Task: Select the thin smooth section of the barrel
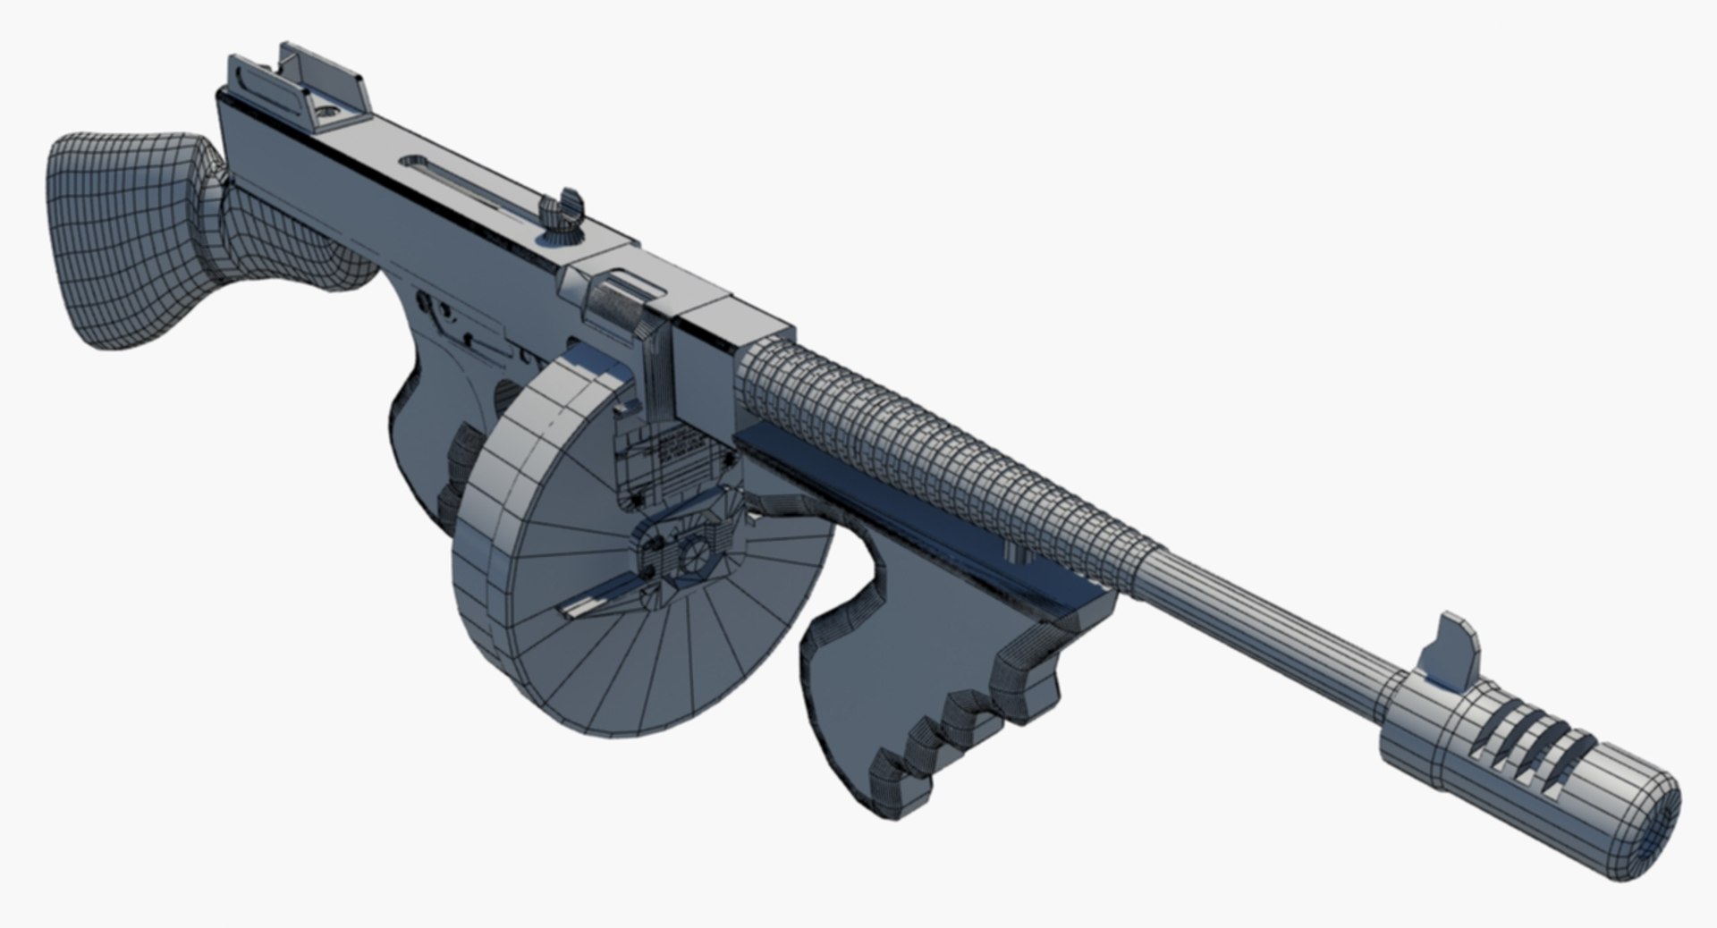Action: [1270, 608]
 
